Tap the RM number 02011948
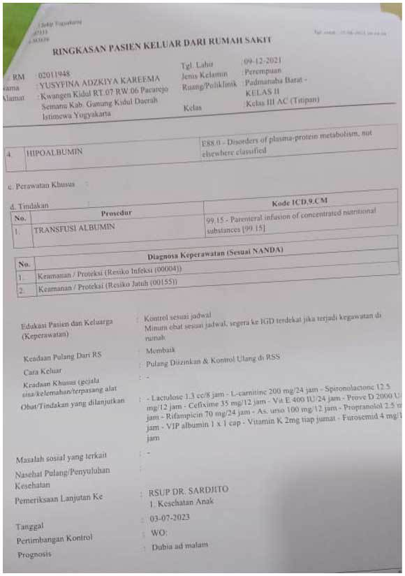(54, 73)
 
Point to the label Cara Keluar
(41, 371)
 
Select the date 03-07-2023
(170, 519)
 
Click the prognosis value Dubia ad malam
(180, 546)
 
